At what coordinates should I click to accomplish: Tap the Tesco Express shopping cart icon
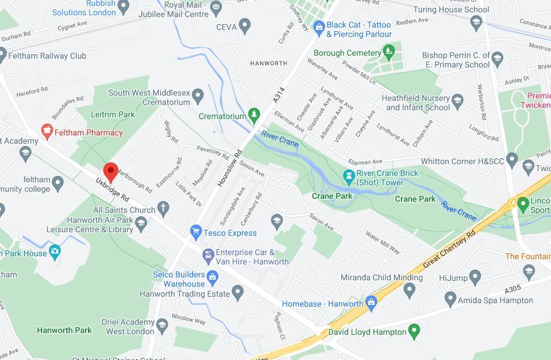click(x=196, y=233)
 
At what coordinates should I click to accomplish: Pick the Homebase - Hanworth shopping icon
click(x=370, y=303)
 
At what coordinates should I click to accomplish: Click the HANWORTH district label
click(x=268, y=63)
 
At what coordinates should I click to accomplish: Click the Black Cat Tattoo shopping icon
click(x=318, y=26)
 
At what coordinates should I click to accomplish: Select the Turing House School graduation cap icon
click(x=476, y=22)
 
